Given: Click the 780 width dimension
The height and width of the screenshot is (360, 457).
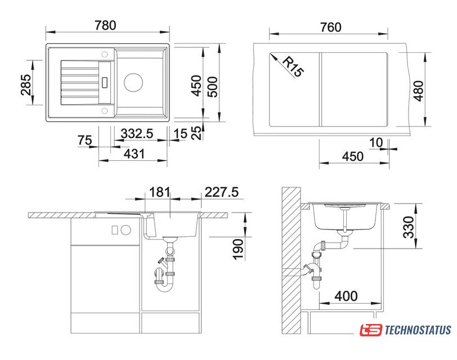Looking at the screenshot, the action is click(105, 25).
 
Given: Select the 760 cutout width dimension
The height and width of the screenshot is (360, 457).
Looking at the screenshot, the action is click(330, 27).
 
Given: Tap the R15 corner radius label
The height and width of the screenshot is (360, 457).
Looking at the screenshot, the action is click(293, 67).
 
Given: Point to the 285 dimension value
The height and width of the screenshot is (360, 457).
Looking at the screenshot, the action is click(26, 85).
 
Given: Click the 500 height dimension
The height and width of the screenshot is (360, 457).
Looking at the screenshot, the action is click(212, 87).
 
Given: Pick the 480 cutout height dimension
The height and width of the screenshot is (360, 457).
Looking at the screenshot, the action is click(419, 91).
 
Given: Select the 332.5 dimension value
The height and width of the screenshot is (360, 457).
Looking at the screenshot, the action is click(137, 134).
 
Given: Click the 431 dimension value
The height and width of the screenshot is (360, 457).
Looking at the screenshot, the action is click(134, 154).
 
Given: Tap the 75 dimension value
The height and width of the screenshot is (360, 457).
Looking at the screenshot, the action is click(85, 141).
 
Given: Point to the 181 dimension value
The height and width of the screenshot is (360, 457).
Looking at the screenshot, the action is click(159, 192).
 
